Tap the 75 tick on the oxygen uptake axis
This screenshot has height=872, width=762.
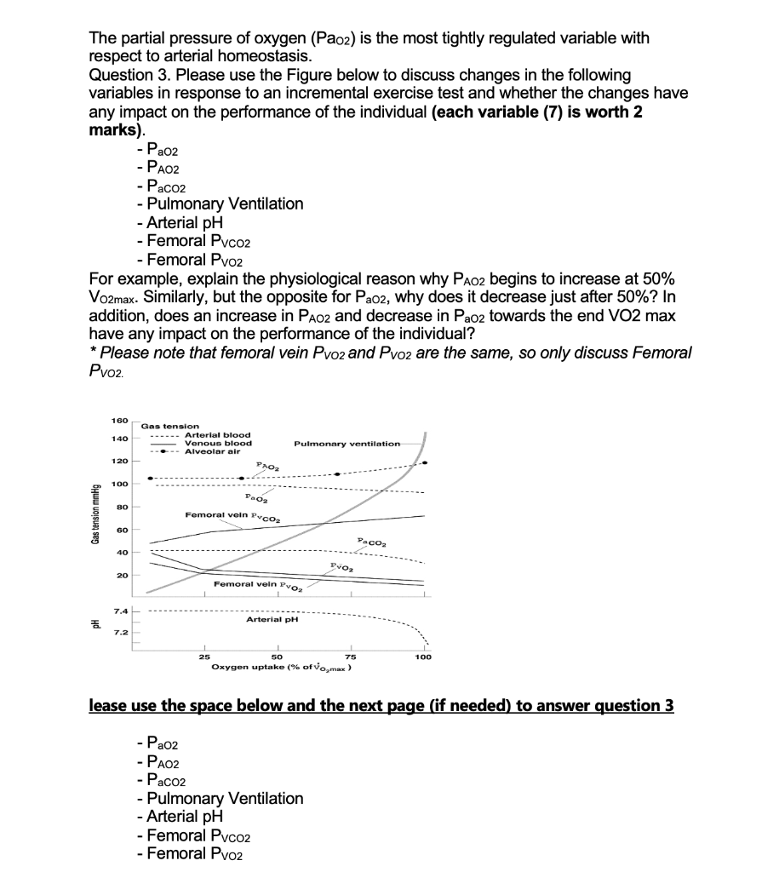pos(350,657)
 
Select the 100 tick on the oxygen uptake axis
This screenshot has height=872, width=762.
pos(423,657)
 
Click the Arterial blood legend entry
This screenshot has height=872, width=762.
pos(217,435)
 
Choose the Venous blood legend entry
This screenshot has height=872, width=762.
pos(217,444)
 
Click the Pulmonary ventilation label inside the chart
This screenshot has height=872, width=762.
pos(346,444)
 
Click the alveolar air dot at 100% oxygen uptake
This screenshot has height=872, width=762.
pos(425,462)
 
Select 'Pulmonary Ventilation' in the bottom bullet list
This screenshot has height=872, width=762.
pos(225,798)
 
